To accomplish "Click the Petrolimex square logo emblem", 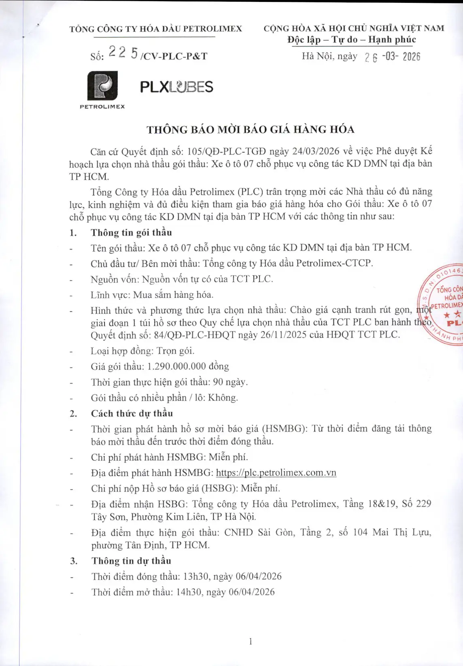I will (102, 85).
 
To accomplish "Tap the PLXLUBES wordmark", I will (176, 87).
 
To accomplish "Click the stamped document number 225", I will (123, 53).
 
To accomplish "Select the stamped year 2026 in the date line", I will (411, 57).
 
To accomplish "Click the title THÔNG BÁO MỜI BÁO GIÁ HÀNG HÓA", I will (250, 130).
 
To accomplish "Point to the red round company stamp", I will (443, 304).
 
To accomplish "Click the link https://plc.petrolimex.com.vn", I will (276, 473).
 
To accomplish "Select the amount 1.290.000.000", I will (176, 366).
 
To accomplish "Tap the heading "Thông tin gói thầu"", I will (131, 232).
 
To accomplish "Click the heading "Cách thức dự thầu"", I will (132, 413).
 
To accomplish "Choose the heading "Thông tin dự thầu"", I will (131, 561).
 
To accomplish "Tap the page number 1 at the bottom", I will (251, 641).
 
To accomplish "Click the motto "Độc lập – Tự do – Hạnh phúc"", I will (352, 40).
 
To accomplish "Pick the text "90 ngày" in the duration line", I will (230, 382).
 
